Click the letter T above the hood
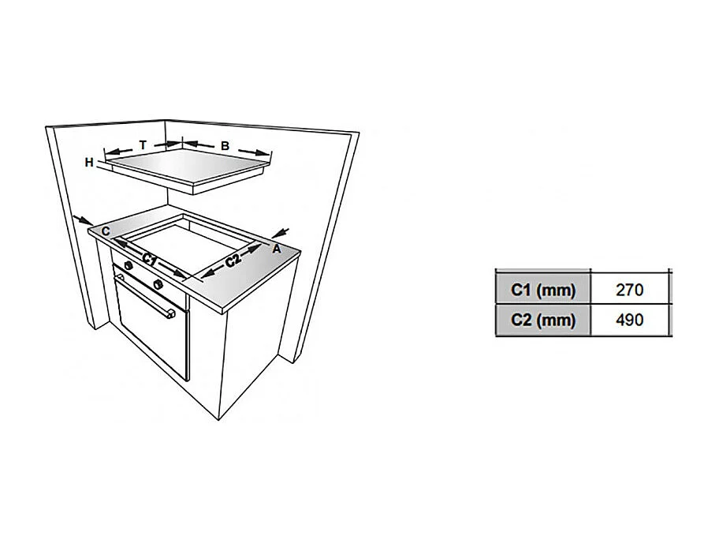click(x=143, y=145)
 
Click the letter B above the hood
click(x=225, y=146)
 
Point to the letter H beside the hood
click(x=89, y=163)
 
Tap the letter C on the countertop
click(x=106, y=231)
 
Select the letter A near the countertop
click(x=277, y=249)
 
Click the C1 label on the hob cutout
click(x=149, y=260)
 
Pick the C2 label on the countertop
click(x=233, y=261)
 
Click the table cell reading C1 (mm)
click(x=543, y=290)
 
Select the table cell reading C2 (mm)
click(x=543, y=320)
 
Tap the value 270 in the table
click(x=630, y=290)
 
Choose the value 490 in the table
click(x=630, y=320)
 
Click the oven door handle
click(x=144, y=296)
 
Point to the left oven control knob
click(x=129, y=265)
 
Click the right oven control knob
click(x=158, y=284)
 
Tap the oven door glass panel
click(x=154, y=328)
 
